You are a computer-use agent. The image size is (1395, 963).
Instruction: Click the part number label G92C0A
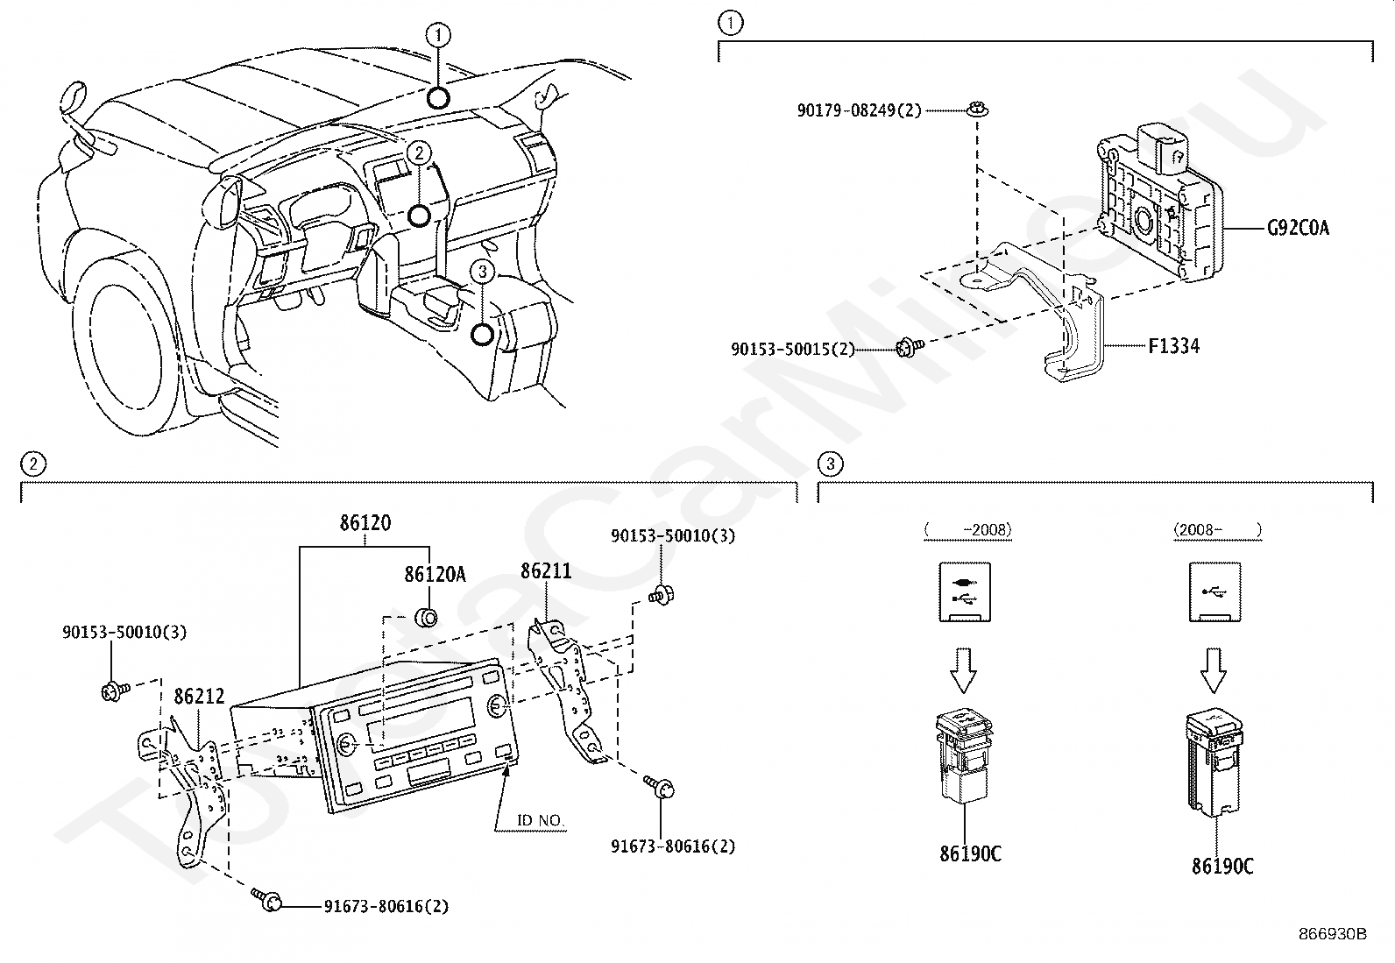(x=1298, y=228)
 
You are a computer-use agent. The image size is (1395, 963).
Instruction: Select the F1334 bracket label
(x=1173, y=346)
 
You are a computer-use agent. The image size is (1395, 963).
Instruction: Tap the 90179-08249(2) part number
(x=859, y=110)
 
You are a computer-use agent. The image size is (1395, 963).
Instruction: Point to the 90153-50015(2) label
(x=793, y=349)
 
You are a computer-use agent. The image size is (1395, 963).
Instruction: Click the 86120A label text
(x=435, y=574)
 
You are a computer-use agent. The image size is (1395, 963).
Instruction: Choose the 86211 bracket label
(x=546, y=570)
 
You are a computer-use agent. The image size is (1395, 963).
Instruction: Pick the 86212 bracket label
(x=199, y=696)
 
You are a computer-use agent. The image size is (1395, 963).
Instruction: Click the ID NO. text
(x=540, y=820)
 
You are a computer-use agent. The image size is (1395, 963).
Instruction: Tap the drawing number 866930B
(x=1333, y=934)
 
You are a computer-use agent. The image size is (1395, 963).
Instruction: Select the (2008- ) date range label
(x=1217, y=530)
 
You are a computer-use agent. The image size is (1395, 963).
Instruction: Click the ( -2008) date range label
(x=967, y=530)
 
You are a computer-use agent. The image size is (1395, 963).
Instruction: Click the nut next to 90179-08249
(x=978, y=110)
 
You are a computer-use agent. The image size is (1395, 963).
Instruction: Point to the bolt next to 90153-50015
(x=910, y=347)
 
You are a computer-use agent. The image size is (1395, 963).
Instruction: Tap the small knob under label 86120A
(x=427, y=618)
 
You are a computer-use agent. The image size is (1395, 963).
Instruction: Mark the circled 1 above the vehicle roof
(x=438, y=35)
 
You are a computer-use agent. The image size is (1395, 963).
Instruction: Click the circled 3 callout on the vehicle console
(x=482, y=272)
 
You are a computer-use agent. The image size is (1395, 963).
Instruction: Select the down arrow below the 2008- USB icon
(x=1213, y=670)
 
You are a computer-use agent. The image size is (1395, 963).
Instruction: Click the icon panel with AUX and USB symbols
(x=965, y=592)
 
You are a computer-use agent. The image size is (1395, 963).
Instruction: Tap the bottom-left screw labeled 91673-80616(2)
(x=267, y=899)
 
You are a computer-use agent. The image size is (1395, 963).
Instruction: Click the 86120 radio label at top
(x=365, y=522)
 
